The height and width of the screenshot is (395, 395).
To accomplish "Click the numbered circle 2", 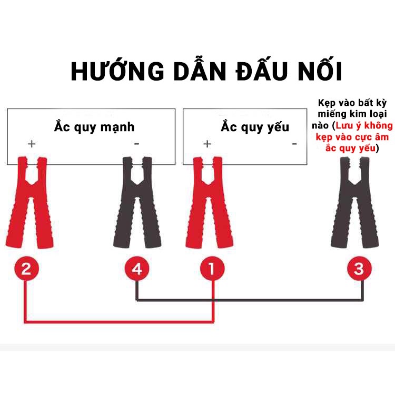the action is pos(26,269).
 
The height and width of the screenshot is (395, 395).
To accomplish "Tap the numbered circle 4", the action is pos(137,269).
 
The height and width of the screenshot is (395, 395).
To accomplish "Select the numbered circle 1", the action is pos(212,269).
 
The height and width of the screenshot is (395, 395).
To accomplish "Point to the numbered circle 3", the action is pos(359,269).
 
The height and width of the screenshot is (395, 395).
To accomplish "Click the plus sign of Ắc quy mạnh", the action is pos(32,144).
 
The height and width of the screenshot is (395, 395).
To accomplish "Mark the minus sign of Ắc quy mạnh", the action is pos(136,144).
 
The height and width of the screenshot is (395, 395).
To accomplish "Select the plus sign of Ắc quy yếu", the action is pos(207,144).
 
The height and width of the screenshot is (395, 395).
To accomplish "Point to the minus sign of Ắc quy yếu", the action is pos(294,144).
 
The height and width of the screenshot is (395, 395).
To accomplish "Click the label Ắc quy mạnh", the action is pos(94,127).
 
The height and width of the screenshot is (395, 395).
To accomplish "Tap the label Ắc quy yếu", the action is pos(255,127).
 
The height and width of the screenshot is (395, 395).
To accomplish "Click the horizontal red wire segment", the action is pos(119,322).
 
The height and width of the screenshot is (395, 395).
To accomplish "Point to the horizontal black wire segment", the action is pos(250,300).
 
